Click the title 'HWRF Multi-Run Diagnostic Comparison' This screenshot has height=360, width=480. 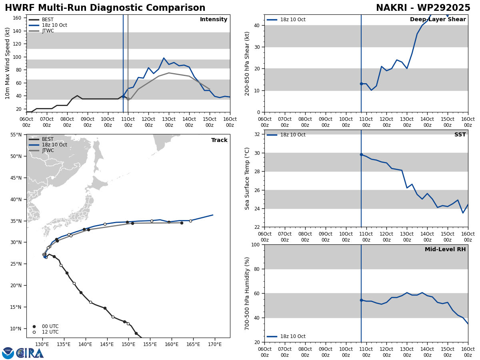pos(105,8)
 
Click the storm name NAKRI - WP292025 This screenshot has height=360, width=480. pos(423,8)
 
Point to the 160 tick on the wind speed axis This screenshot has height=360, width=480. pos(17,18)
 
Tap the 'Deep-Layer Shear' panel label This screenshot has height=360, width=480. pos(438,20)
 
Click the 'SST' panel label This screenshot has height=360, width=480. pos(460,135)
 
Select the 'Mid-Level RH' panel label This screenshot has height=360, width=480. pos(445,250)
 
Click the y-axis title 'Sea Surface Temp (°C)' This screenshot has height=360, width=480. pos(247,178)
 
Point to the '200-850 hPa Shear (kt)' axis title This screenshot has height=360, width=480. pos(247,64)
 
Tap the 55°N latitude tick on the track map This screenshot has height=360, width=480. pos(16,135)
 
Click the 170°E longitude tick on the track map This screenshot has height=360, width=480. pos(214,344)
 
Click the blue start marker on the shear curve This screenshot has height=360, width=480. pos(361,84)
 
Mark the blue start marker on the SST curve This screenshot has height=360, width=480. pos(361,154)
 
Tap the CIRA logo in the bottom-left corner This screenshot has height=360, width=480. pos(23,353)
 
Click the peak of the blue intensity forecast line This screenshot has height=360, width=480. pos(164,58)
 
